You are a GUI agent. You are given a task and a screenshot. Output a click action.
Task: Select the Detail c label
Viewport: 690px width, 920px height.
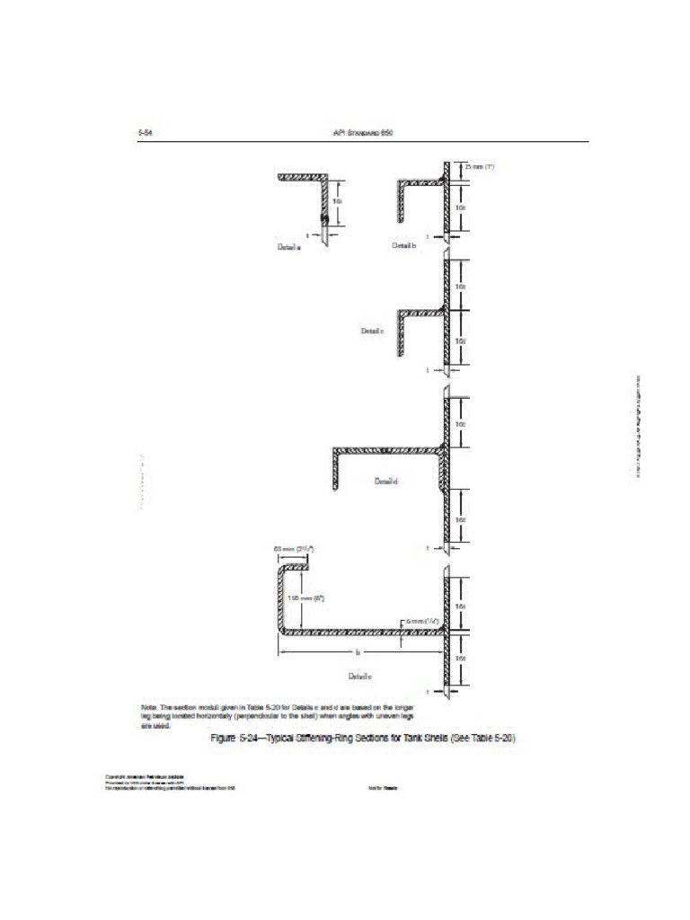[373, 331]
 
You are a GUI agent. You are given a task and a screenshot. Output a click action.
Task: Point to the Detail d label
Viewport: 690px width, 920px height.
[385, 482]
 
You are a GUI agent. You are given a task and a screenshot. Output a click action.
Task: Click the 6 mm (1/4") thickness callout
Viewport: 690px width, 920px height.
[420, 621]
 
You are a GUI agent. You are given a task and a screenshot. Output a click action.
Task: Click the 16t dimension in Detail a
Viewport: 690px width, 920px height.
[337, 201]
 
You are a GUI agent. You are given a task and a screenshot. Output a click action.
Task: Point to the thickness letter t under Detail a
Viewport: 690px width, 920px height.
[307, 235]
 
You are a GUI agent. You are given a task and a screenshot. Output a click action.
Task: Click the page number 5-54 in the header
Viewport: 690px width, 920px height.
[144, 132]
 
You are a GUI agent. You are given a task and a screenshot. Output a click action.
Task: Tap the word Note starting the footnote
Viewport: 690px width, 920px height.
[149, 708]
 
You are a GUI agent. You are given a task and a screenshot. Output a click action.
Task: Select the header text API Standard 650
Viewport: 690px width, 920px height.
[363, 132]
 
